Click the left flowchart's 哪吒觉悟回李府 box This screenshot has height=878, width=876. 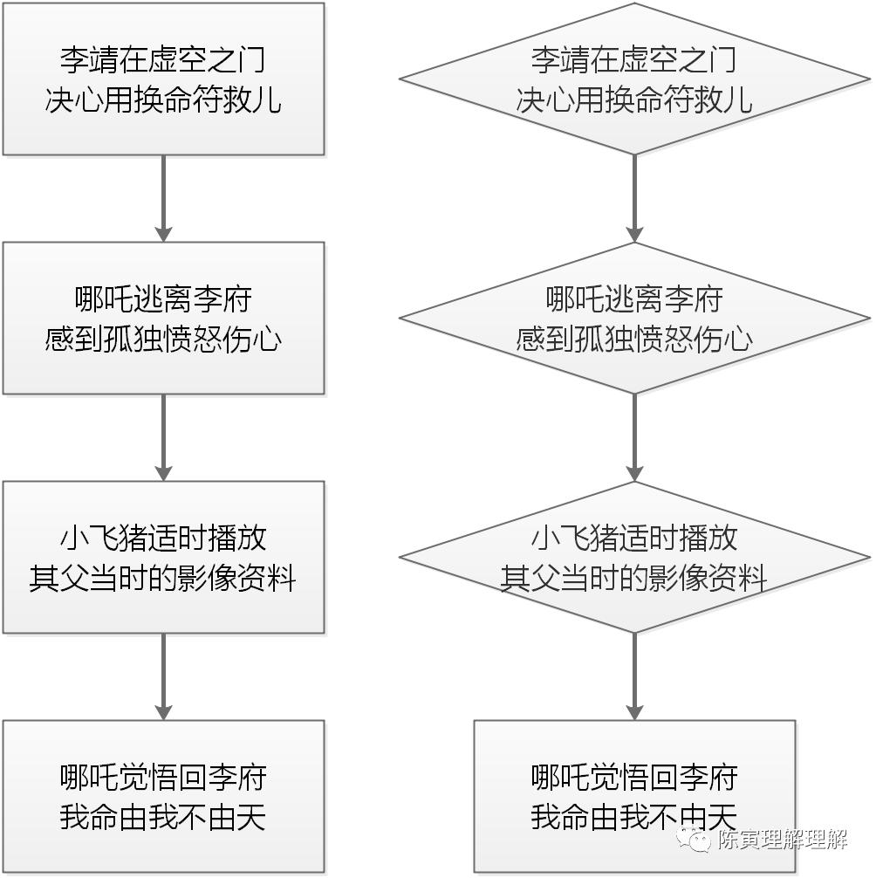click(163, 796)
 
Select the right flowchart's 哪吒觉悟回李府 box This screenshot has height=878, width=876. click(634, 796)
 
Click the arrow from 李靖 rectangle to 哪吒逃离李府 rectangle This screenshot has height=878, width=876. click(163, 199)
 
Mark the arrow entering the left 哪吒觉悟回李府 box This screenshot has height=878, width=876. click(163, 676)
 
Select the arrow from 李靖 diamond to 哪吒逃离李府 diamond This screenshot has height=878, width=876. click(634, 199)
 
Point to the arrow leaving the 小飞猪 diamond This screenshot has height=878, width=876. click(634, 676)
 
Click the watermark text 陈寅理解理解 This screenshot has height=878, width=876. click(783, 840)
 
